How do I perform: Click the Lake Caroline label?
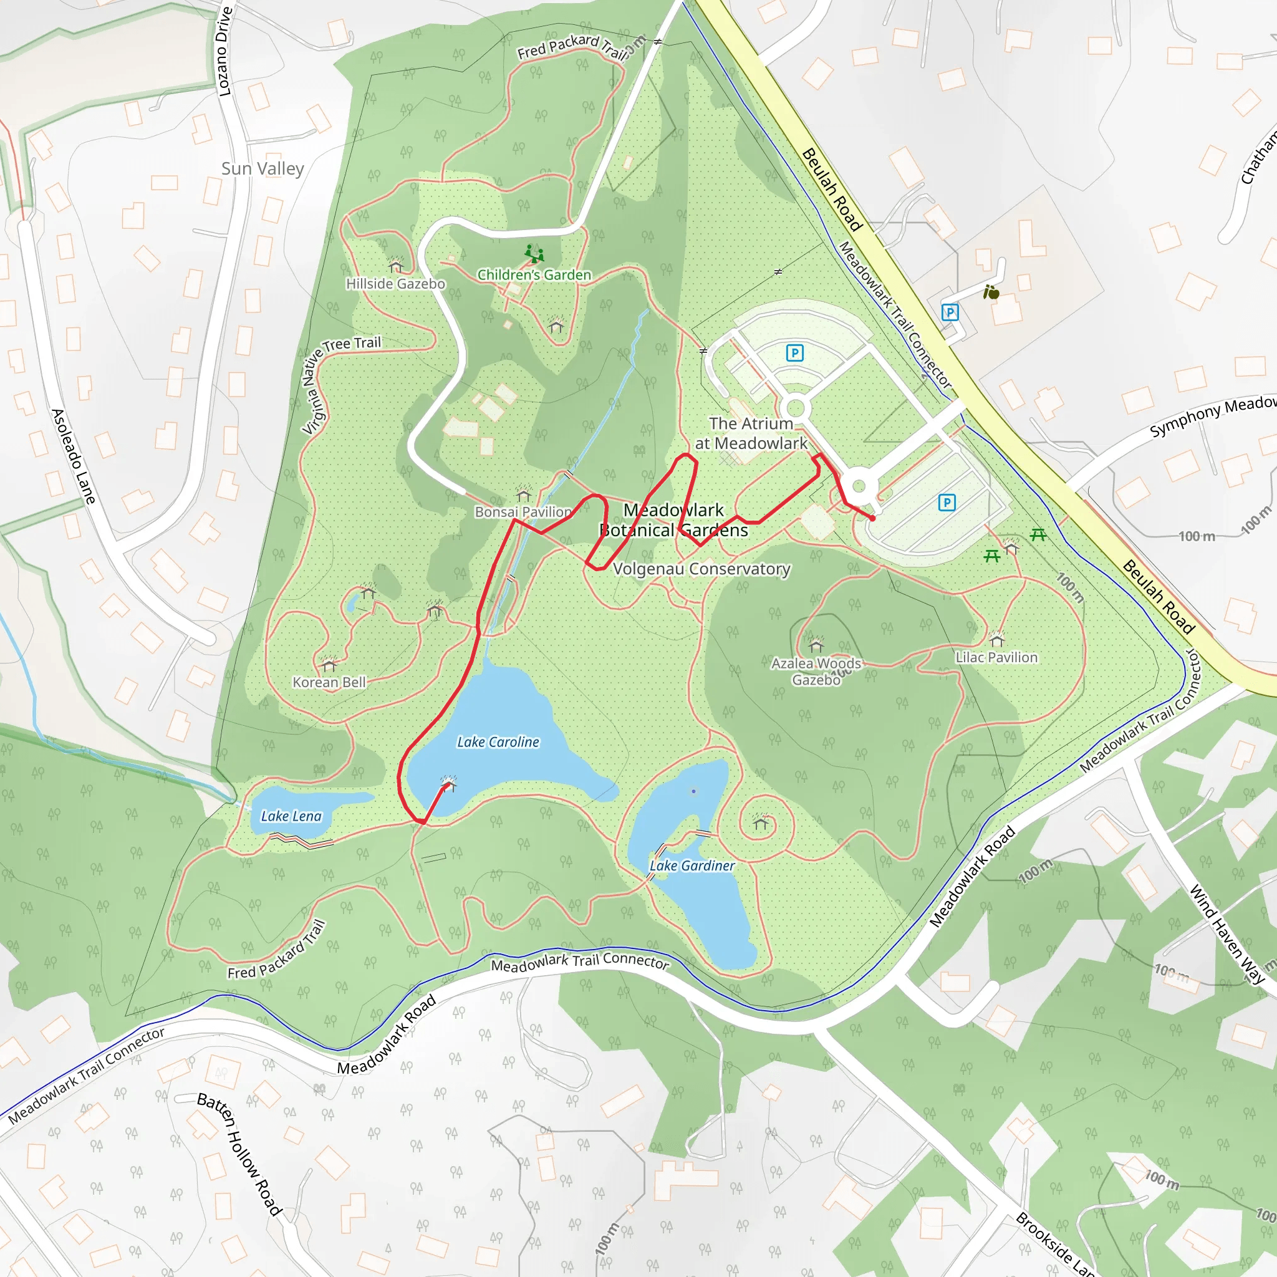(498, 742)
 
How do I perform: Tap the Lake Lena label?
(291, 816)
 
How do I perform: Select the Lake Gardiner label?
(692, 866)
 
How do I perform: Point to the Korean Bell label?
(329, 682)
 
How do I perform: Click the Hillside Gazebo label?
(395, 284)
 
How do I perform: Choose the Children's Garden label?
(534, 275)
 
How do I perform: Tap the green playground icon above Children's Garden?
(534, 253)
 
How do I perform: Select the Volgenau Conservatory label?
(701, 569)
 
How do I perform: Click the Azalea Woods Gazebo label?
(816, 672)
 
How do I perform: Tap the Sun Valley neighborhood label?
(263, 168)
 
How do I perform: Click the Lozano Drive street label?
(224, 52)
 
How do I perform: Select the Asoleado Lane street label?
(74, 456)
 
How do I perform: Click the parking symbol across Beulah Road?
(950, 312)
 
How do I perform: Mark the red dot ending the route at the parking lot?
(872, 518)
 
